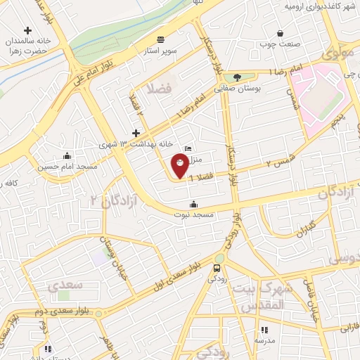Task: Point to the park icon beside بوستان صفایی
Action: coord(236,77)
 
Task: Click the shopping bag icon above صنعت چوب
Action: coord(281,33)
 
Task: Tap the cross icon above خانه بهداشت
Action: coord(136,133)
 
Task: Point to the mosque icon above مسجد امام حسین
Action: coord(67,155)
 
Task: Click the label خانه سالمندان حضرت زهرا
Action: coord(24,46)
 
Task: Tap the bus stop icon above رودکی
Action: coord(217,268)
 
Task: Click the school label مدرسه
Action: coord(265,341)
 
